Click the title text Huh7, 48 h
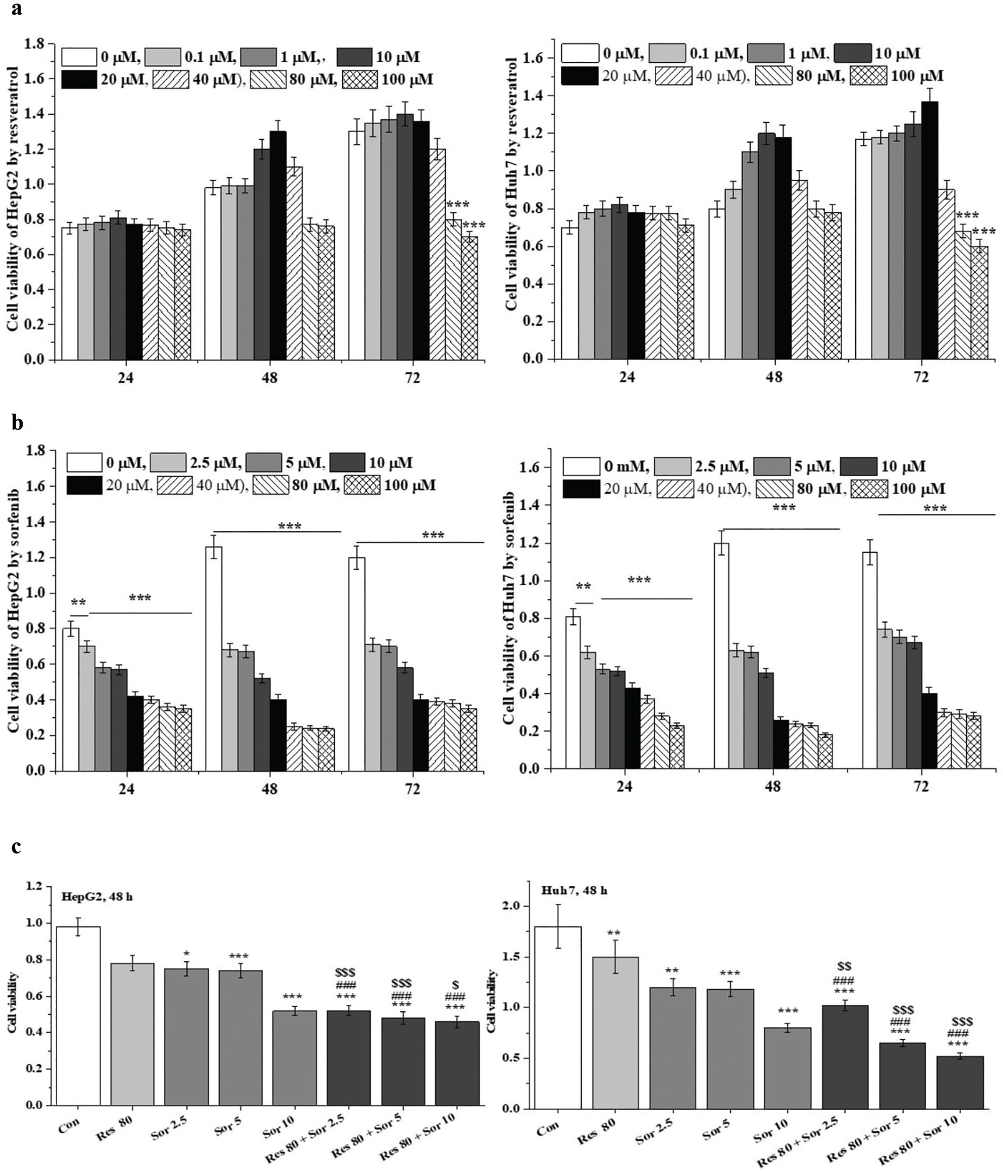(574, 890)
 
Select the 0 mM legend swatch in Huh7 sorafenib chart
(581, 467)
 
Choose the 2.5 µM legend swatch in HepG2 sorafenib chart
(168, 463)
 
